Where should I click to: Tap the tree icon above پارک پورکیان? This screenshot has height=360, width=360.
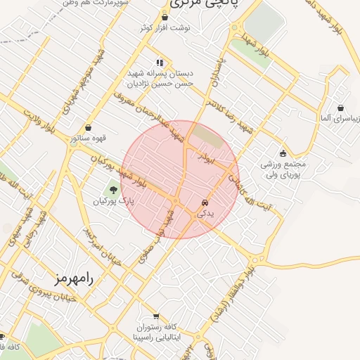click(x=112, y=188)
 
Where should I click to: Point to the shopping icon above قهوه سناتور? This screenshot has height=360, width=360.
click(x=89, y=127)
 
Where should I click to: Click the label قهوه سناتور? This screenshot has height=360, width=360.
click(x=85, y=139)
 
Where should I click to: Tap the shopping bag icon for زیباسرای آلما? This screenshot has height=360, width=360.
click(x=341, y=108)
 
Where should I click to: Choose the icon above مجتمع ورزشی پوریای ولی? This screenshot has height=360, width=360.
click(x=283, y=154)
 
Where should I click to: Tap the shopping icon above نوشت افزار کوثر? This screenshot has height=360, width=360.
click(x=165, y=18)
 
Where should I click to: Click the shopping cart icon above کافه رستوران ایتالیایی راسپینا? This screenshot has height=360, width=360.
click(x=155, y=316)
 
